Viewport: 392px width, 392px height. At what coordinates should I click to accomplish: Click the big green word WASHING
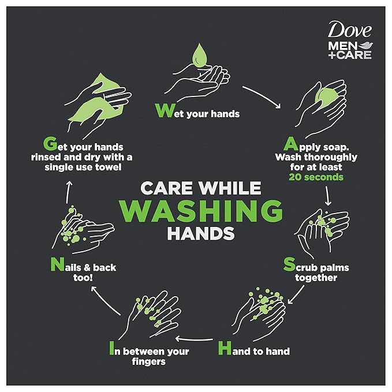coord(196,212)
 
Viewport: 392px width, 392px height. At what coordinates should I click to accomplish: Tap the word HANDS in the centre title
coord(196,234)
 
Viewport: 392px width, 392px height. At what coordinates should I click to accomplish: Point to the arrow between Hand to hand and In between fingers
coord(197,339)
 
